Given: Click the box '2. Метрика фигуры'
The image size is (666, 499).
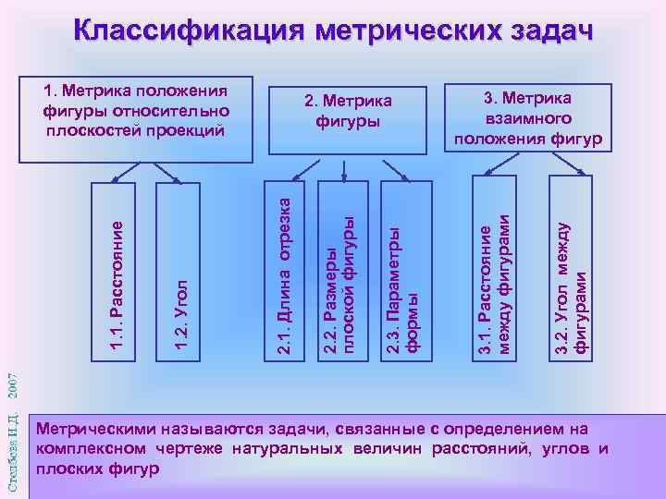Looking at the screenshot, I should (349, 111).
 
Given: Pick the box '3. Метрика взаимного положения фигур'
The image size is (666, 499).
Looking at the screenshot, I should (527, 118).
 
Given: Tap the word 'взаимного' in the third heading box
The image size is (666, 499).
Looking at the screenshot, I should (527, 119).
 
